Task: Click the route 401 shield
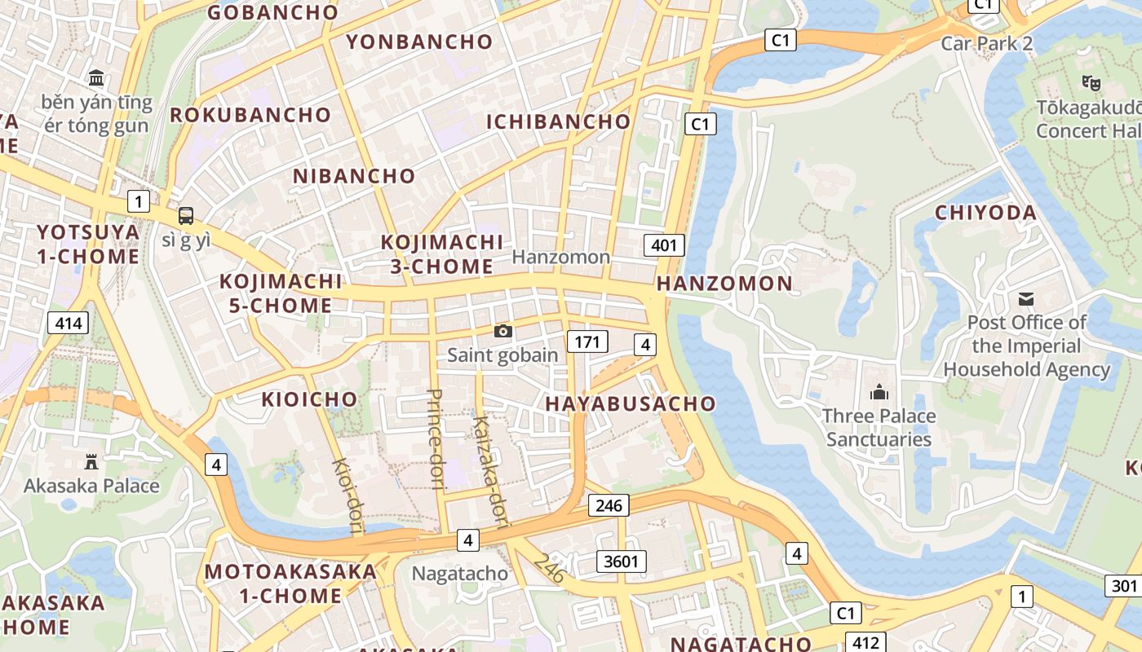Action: [x=664, y=244]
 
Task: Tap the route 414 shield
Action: [x=69, y=324]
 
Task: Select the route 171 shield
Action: [x=587, y=341]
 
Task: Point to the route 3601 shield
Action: [x=622, y=561]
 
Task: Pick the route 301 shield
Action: [x=1123, y=585]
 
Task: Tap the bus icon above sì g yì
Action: [x=186, y=216]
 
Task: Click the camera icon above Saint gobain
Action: [x=503, y=331]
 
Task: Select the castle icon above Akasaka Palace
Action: [x=91, y=462]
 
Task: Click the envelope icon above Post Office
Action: [x=1026, y=299]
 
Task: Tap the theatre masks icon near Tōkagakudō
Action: [x=1091, y=81]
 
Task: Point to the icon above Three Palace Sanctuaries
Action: [x=879, y=393]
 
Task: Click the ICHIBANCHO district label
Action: [x=559, y=122]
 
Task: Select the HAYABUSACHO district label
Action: [x=631, y=403]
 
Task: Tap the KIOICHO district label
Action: [x=309, y=399]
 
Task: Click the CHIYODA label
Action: [x=985, y=213]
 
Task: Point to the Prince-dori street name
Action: [x=435, y=439]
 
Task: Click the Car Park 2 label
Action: [x=987, y=44]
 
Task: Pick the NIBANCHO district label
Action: [x=354, y=176]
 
